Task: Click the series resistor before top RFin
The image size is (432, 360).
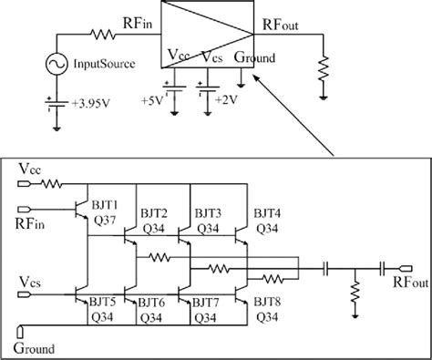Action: coord(101,36)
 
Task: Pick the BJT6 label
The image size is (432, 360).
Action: coord(152,299)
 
